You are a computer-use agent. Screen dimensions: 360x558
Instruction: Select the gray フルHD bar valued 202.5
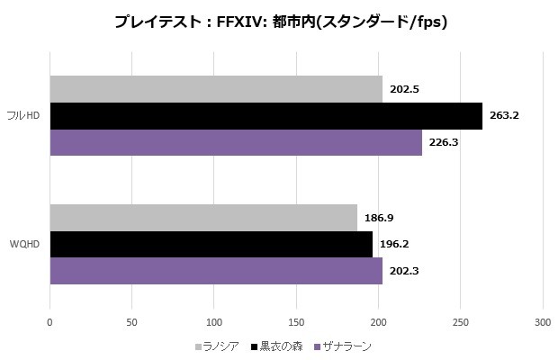click(216, 89)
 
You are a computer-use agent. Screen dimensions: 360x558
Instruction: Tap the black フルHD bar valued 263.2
click(265, 115)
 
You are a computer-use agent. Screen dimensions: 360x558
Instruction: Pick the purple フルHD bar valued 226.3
click(236, 142)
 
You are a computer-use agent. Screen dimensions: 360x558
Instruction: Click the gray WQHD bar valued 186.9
click(203, 218)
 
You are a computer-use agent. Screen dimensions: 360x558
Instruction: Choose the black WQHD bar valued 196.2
click(211, 244)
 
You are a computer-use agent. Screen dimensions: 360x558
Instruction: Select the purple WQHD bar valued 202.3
click(216, 270)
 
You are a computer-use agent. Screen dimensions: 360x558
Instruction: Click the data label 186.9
click(379, 218)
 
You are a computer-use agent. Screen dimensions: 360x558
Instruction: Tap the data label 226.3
click(445, 142)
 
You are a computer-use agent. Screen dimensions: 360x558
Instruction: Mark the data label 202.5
click(405, 89)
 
